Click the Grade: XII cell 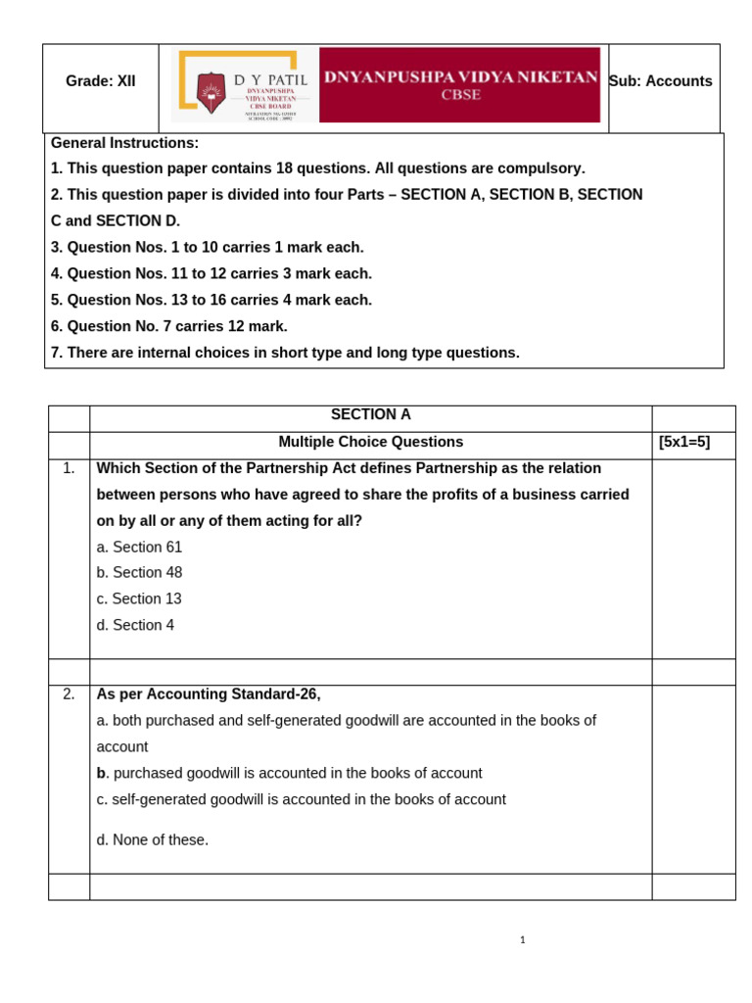click(100, 81)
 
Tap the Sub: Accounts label click(661, 81)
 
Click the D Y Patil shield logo click(211, 92)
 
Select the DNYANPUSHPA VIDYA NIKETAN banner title click(460, 76)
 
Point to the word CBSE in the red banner click(460, 95)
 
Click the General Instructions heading click(124, 143)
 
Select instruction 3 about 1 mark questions click(207, 247)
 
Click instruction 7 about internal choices click(285, 353)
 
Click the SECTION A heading click(370, 414)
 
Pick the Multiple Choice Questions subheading click(370, 442)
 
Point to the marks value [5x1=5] click(684, 442)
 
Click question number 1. click(69, 468)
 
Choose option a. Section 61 click(139, 547)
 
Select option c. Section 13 click(139, 598)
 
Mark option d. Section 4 click(135, 625)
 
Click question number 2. click(69, 693)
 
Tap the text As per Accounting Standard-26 click(209, 693)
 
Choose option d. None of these click(152, 839)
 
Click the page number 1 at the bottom click(522, 940)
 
